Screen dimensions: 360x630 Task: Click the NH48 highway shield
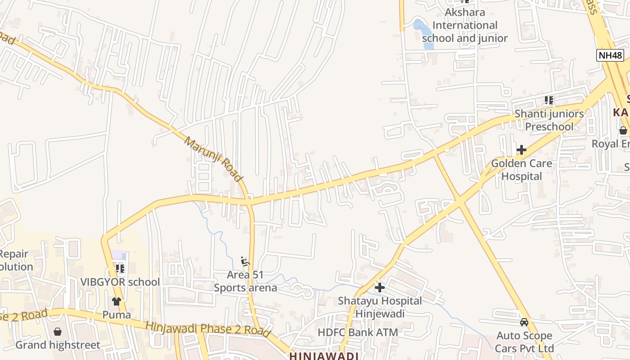pyautogui.click(x=611, y=55)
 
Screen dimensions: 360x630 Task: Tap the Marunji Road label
pyautogui.click(x=213, y=159)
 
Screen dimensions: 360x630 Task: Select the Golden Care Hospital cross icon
pyautogui.click(x=522, y=149)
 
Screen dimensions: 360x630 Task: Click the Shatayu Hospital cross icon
pyautogui.click(x=380, y=287)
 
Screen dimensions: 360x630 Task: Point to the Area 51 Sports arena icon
pyautogui.click(x=245, y=261)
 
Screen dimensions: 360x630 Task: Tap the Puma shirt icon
pyautogui.click(x=117, y=301)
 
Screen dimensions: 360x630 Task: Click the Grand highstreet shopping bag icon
pyautogui.click(x=58, y=332)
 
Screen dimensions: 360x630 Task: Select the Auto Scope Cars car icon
pyautogui.click(x=524, y=322)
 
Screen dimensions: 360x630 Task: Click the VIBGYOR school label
pyautogui.click(x=120, y=282)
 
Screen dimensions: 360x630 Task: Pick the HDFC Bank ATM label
pyautogui.click(x=358, y=333)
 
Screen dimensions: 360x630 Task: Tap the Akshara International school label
pyautogui.click(x=465, y=25)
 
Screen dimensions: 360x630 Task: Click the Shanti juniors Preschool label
pyautogui.click(x=549, y=120)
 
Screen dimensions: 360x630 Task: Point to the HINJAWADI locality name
pyautogui.click(x=324, y=356)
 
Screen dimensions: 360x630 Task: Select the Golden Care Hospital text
pyautogui.click(x=522, y=170)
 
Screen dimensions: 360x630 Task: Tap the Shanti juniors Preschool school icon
pyautogui.click(x=549, y=100)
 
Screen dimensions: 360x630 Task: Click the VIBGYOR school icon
pyautogui.click(x=120, y=269)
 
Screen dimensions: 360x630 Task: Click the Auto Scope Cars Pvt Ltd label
pyautogui.click(x=524, y=342)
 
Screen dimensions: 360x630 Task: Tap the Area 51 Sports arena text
pyautogui.click(x=245, y=281)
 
